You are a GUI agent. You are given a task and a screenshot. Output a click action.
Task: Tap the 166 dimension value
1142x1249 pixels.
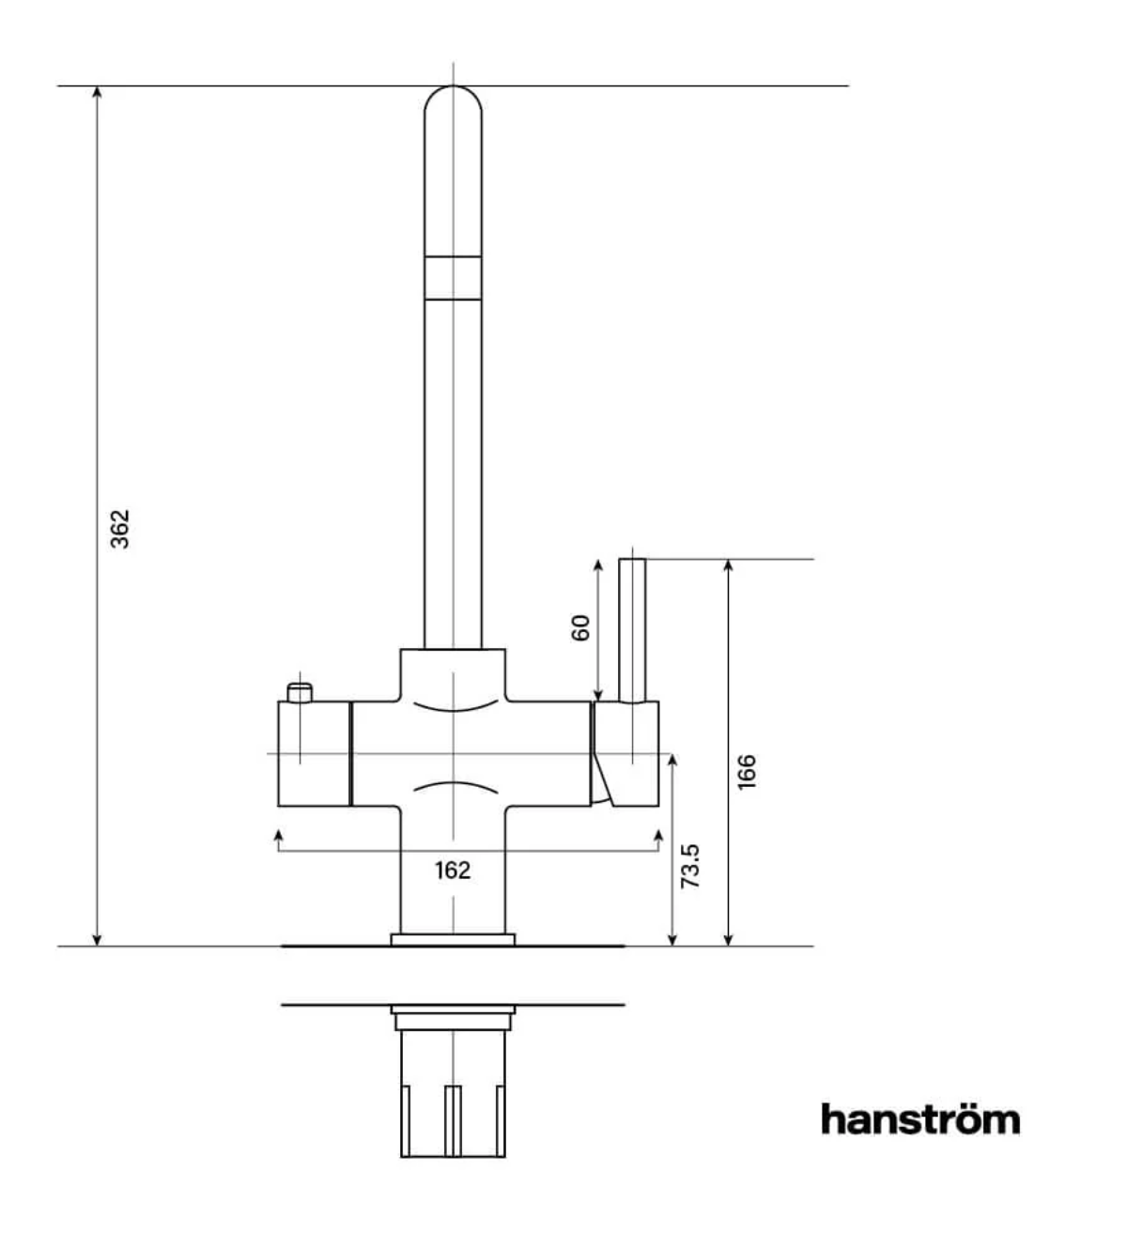tap(747, 771)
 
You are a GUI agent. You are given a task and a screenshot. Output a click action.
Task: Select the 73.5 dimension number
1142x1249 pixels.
tap(690, 866)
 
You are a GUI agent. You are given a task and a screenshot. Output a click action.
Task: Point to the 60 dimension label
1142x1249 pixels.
tap(581, 627)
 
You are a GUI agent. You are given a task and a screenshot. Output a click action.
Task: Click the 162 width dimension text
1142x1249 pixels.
tap(453, 871)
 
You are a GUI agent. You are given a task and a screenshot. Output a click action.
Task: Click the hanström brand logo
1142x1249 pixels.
tap(919, 1119)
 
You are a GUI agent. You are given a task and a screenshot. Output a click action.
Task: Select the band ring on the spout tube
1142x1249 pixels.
tap(454, 277)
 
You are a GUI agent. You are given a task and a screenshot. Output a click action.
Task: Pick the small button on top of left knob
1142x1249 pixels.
tap(300, 693)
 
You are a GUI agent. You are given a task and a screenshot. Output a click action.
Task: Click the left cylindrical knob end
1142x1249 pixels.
tap(313, 753)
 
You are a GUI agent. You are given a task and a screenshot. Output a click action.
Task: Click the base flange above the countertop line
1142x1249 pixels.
tap(454, 939)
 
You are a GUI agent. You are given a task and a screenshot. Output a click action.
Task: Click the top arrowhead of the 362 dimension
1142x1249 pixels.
tap(97, 91)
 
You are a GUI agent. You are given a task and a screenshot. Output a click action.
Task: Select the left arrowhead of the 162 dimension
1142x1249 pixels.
tap(278, 836)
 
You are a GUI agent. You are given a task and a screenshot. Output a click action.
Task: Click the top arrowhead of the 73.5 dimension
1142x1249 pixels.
tap(672, 759)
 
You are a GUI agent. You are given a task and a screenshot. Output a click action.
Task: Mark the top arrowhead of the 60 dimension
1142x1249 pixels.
tap(598, 564)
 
